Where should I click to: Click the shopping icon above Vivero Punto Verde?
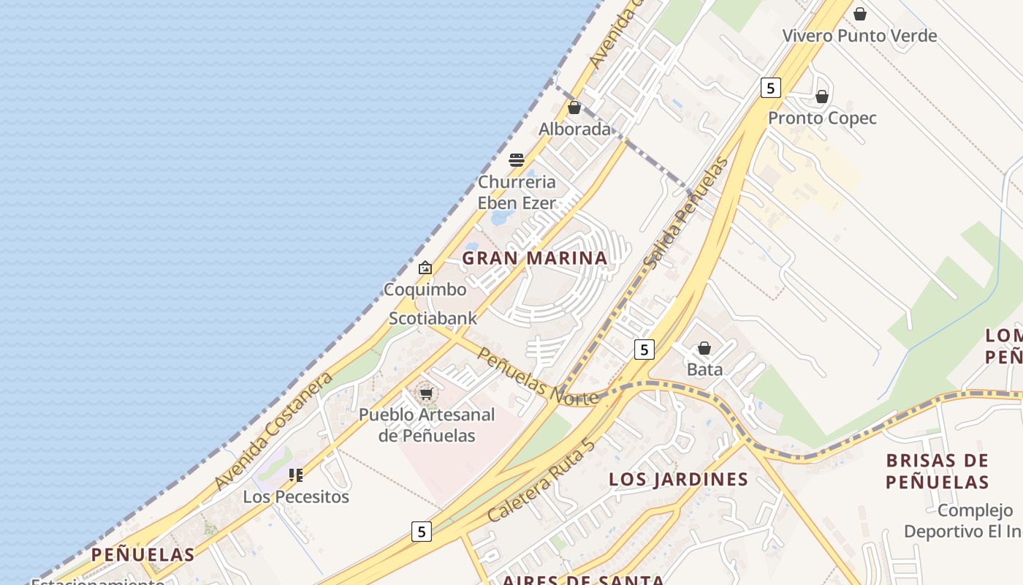[x=860, y=14]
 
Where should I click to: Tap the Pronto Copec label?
[x=822, y=118]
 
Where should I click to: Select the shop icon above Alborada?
[x=574, y=107]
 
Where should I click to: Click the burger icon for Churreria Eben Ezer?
[x=517, y=160]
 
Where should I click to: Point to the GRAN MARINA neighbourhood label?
[x=535, y=258]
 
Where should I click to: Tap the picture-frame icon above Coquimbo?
[x=425, y=268]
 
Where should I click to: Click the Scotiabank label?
[x=433, y=318]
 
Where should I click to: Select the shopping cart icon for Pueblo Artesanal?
[x=426, y=393]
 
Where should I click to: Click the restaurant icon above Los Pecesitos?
[x=296, y=475]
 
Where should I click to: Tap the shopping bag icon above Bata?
[x=704, y=348]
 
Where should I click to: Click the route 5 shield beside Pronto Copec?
[x=770, y=88]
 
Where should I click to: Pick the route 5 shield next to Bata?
[x=644, y=350]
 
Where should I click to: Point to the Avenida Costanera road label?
[x=274, y=431]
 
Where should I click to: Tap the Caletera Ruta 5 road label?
[x=541, y=480]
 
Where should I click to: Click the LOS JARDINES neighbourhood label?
[x=679, y=480]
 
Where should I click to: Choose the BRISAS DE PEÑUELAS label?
[x=937, y=472]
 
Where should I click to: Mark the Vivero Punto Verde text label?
[x=859, y=36]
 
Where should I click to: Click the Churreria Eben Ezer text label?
[x=517, y=192]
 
